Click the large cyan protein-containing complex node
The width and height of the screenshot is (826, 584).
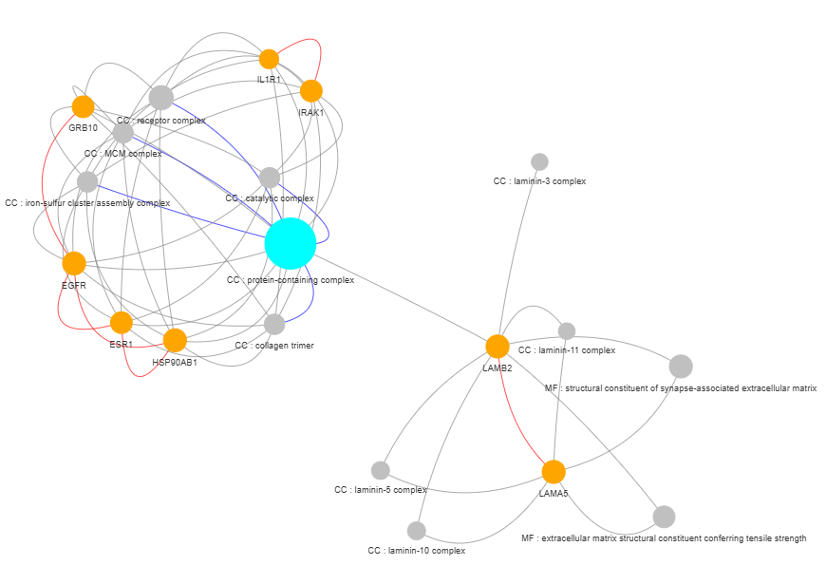pos(291,243)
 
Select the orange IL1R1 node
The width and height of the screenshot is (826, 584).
pos(269,59)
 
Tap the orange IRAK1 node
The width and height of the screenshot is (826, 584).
pos(311,91)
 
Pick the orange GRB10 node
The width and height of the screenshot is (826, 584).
pos(83,107)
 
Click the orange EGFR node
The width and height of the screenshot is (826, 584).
pos(74,264)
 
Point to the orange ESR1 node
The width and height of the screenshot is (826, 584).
pos(122,323)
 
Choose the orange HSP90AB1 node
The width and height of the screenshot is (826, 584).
pos(175,341)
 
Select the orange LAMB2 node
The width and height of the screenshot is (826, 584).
pos(497,347)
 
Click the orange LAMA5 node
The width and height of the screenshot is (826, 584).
pos(554,472)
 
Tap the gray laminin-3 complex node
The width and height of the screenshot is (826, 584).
pos(539,161)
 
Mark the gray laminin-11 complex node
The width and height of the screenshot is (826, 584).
pos(566,331)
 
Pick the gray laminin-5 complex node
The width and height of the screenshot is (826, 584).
pos(381,470)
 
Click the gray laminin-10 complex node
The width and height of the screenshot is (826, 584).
pos(416,531)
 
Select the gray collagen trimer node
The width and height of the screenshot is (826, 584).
pos(274,324)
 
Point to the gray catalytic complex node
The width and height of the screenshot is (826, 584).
pos(270,178)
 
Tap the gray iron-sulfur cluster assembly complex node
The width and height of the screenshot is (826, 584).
pos(87,181)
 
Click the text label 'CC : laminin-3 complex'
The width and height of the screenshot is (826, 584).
pos(539,181)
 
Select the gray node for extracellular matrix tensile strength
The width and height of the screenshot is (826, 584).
pos(664,517)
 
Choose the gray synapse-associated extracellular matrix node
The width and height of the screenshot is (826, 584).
pos(681,367)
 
